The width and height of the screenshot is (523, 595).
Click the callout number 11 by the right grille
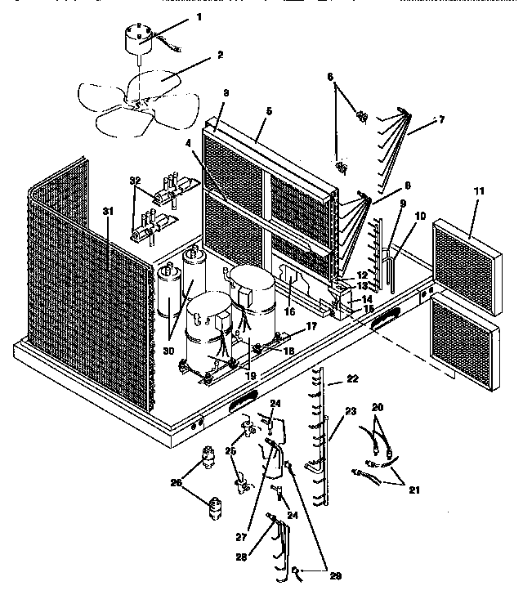[479, 191]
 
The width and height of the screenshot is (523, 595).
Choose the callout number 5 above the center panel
[269, 110]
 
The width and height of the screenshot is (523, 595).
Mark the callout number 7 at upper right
[440, 119]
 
